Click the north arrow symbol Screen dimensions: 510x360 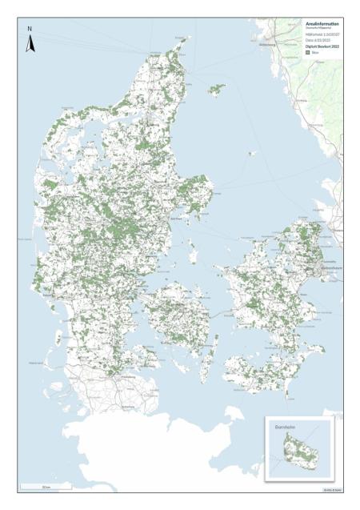click(30, 44)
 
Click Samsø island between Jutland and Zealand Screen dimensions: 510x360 click(193, 255)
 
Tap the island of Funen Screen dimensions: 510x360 click(176, 308)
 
